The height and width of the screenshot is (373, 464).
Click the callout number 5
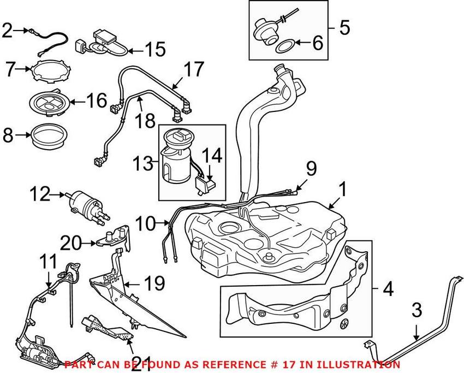[344, 27]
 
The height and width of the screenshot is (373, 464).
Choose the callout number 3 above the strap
[416, 312]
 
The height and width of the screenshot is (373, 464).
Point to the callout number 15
[155, 50]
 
